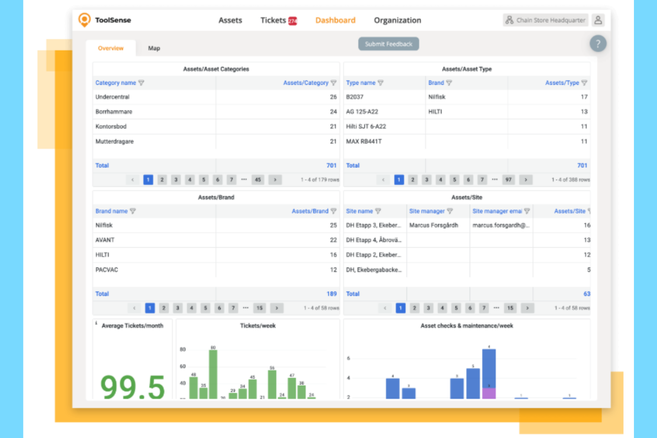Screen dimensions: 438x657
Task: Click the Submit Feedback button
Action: (388, 44)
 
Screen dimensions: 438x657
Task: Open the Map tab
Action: (154, 48)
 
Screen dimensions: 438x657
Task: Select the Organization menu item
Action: (397, 20)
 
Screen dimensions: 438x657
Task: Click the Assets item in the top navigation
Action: (230, 20)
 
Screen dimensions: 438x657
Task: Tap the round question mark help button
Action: (598, 43)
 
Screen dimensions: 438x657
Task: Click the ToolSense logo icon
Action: (84, 20)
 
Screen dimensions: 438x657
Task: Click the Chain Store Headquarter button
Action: (546, 20)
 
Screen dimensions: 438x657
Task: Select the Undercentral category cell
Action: (113, 97)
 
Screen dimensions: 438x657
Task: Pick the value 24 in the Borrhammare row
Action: (333, 112)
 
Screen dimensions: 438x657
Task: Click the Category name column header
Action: (116, 83)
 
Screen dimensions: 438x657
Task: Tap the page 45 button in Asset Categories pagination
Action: (258, 180)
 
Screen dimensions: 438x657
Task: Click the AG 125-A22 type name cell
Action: (362, 112)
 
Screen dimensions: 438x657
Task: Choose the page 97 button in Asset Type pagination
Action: (508, 180)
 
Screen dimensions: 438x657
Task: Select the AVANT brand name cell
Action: (105, 240)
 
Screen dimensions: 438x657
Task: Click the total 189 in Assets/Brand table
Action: (332, 294)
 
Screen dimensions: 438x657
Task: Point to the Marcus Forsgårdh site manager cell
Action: (434, 225)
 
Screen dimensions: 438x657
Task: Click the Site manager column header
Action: (427, 211)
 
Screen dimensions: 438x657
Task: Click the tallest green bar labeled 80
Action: (213, 374)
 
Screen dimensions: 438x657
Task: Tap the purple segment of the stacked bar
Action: (489, 393)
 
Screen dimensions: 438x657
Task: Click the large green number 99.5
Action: (133, 387)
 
